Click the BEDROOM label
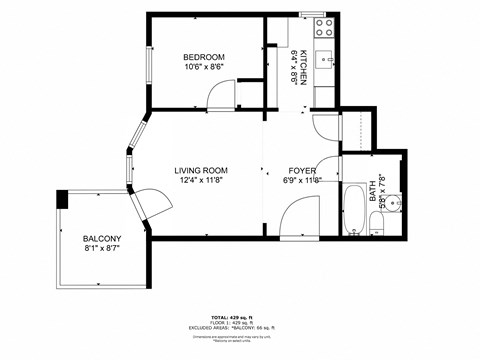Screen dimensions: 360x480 point(203,57)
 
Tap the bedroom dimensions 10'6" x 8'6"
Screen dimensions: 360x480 point(203,67)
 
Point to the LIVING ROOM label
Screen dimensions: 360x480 point(203,170)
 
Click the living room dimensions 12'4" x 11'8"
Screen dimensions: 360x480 point(203,181)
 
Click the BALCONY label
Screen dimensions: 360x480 point(102,237)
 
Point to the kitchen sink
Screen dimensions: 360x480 point(326,60)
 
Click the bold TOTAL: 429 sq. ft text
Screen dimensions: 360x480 point(239,316)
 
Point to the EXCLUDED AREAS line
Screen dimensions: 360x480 point(239,327)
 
